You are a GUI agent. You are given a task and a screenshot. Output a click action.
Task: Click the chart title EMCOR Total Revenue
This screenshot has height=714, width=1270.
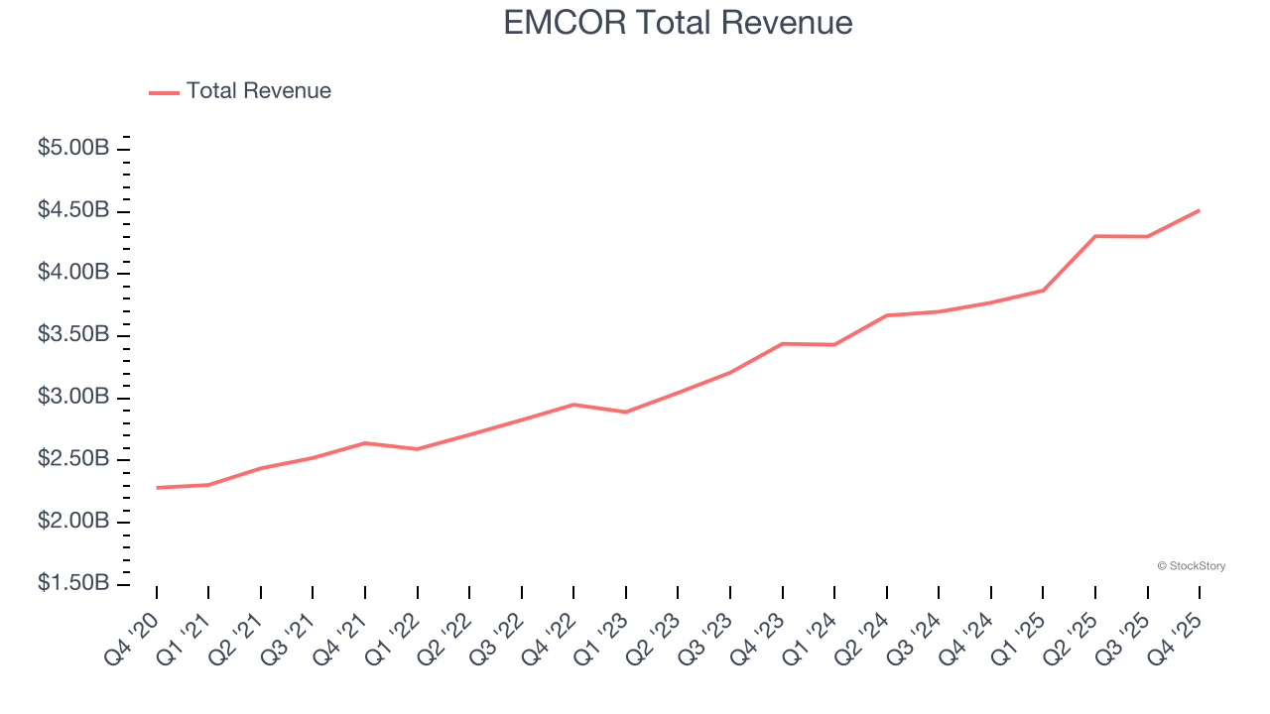click(678, 22)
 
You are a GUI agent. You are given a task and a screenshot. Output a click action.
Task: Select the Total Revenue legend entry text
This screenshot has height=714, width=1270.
click(258, 91)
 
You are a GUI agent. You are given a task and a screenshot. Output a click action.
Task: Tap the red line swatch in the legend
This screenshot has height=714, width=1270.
click(164, 92)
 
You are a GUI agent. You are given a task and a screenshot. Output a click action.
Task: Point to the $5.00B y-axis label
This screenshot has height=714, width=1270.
click(72, 149)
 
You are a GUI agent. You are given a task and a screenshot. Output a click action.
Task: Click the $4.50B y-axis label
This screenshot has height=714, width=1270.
click(72, 210)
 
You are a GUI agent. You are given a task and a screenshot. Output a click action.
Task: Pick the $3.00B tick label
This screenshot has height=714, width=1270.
click(72, 397)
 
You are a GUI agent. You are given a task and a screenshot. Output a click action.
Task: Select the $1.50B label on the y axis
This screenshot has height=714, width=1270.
click(72, 583)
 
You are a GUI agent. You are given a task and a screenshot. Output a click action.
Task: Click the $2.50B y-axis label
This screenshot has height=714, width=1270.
click(72, 459)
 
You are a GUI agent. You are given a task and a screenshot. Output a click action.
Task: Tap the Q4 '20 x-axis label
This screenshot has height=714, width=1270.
click(131, 638)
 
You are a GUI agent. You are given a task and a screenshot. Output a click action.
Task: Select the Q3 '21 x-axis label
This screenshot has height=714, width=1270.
click(288, 638)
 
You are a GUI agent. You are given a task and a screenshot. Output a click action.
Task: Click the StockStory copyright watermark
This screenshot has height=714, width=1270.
click(1191, 566)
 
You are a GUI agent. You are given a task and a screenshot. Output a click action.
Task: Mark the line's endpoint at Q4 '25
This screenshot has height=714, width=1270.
click(1199, 210)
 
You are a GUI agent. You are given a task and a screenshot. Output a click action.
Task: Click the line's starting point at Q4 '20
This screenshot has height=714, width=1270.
click(157, 488)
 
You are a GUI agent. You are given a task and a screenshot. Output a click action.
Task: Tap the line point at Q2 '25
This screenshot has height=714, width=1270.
click(1094, 236)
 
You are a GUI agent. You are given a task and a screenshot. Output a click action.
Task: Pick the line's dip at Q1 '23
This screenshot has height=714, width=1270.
click(626, 412)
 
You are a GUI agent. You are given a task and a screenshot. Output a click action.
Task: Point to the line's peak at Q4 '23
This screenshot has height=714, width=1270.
click(782, 344)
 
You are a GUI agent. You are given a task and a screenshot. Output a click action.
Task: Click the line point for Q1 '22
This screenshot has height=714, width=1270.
click(418, 449)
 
